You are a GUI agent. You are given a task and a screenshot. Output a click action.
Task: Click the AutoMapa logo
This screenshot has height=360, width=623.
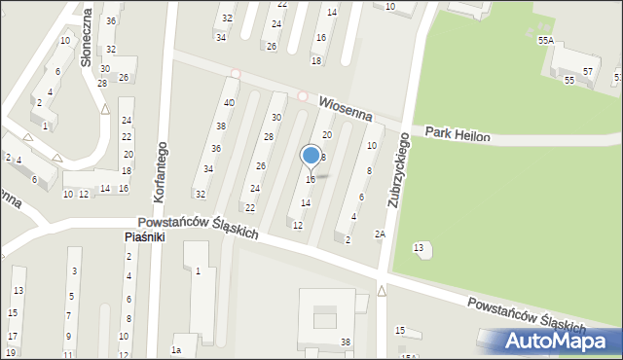(556, 341)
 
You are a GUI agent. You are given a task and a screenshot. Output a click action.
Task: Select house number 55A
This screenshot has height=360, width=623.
(545, 41)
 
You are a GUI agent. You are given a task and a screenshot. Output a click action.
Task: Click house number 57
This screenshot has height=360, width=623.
(588, 72)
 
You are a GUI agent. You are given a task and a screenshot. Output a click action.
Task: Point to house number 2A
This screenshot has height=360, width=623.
(381, 234)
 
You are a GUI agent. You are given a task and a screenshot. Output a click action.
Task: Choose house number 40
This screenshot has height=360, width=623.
(229, 103)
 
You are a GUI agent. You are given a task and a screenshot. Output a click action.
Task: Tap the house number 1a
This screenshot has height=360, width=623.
(176, 349)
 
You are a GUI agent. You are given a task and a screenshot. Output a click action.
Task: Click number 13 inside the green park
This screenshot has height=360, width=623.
(419, 249)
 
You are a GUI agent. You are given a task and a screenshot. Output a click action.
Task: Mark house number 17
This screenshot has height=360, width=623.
(12, 336)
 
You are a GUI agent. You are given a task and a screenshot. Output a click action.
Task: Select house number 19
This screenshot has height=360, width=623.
(12, 352)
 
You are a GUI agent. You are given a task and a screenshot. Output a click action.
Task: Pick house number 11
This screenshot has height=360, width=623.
(68, 355)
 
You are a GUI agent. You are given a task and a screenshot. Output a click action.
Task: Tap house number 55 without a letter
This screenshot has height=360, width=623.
(568, 81)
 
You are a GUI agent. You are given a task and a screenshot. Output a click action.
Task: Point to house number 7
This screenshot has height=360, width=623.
(68, 315)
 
